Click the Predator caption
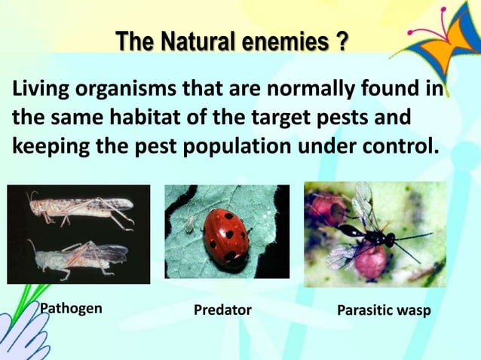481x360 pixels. tap(222, 310)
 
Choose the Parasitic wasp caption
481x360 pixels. tap(384, 310)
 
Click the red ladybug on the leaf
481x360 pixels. tap(227, 230)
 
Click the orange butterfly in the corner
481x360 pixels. tap(449, 34)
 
